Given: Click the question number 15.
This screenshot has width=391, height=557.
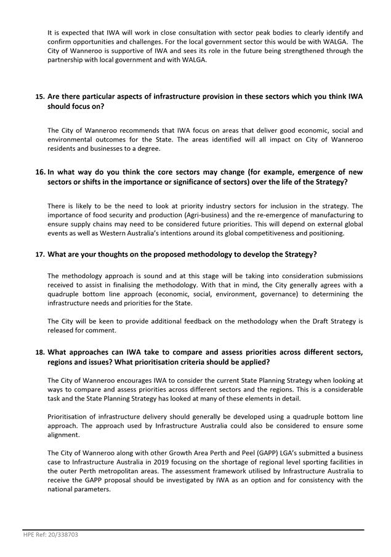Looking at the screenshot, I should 39,97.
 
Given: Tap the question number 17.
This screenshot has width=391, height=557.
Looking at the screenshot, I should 39,254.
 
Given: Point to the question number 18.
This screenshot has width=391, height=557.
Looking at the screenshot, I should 39,352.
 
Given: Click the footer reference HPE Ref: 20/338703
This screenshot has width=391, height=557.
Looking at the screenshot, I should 51,535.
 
